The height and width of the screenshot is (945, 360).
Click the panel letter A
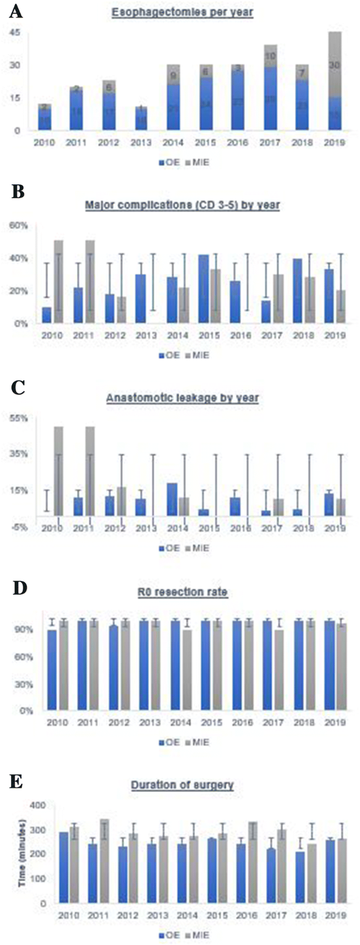16,11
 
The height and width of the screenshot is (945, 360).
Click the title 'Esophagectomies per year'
182,13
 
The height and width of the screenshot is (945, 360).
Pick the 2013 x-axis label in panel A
140,142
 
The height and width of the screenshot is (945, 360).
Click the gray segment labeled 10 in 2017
270,56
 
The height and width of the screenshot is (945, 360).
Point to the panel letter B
17,192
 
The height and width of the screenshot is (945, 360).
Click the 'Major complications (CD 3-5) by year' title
182,205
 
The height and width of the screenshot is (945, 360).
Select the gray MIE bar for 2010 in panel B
58,282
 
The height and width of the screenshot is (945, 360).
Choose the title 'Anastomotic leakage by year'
182,398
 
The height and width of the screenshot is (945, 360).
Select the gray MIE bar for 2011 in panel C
90,471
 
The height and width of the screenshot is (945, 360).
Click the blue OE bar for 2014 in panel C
172,499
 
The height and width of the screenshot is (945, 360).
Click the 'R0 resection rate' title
182,592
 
